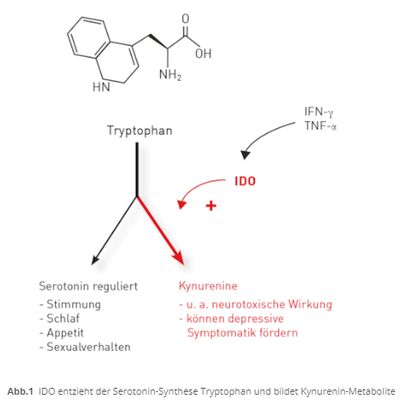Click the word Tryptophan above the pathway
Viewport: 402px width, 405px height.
tap(139, 131)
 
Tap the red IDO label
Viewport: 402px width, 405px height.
tap(245, 181)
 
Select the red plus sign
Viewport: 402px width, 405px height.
tap(211, 206)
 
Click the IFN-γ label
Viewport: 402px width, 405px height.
tap(319, 112)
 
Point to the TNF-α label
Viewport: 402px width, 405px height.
tap(320, 126)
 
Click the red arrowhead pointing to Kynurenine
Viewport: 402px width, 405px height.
tap(179, 257)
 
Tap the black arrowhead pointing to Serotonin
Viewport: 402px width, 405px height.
tap(96, 259)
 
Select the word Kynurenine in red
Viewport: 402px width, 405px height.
tap(208, 286)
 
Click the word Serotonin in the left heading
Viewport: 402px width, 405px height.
tap(65, 286)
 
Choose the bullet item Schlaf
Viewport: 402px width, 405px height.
tap(59, 318)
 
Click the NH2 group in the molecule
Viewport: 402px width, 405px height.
tap(170, 75)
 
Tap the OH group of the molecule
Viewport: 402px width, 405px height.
tap(203, 53)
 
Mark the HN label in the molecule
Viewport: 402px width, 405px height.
tap(102, 87)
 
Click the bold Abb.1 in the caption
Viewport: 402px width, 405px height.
tap(21, 391)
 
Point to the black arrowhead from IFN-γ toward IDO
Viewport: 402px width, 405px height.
tap(245, 155)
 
